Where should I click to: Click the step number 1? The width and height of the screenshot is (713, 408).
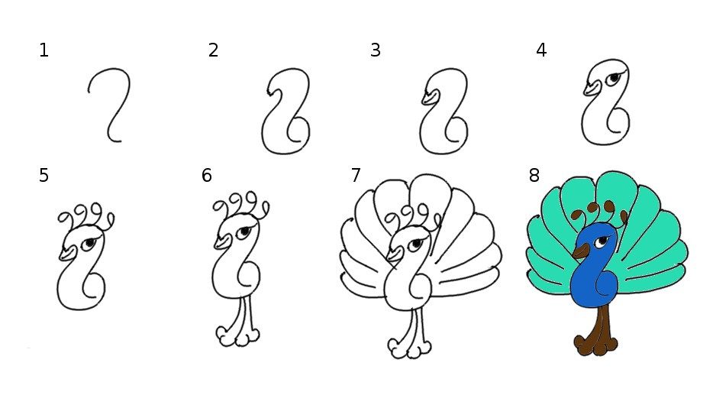pos(44,50)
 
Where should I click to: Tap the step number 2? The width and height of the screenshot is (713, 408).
pos(213,50)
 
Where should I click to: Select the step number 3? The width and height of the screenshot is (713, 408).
pos(375,50)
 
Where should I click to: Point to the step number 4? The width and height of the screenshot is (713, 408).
pos(541,50)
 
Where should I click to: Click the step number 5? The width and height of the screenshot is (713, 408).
pos(44,175)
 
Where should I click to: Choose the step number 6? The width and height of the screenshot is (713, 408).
pos(206,175)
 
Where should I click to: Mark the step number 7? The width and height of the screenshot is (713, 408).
pos(356,175)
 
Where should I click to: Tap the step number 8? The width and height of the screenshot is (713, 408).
pos(534,175)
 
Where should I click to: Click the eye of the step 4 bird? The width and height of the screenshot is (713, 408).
pos(615,79)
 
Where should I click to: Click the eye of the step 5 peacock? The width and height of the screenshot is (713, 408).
pos(89,243)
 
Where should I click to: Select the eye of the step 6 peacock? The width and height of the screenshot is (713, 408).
pos(244,232)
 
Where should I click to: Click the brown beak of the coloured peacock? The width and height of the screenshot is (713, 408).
pos(581,251)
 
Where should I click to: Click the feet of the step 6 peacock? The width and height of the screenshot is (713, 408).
pos(237,337)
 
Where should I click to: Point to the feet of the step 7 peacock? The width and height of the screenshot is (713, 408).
pos(409,348)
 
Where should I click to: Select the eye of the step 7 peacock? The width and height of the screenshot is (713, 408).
pos(415,244)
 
